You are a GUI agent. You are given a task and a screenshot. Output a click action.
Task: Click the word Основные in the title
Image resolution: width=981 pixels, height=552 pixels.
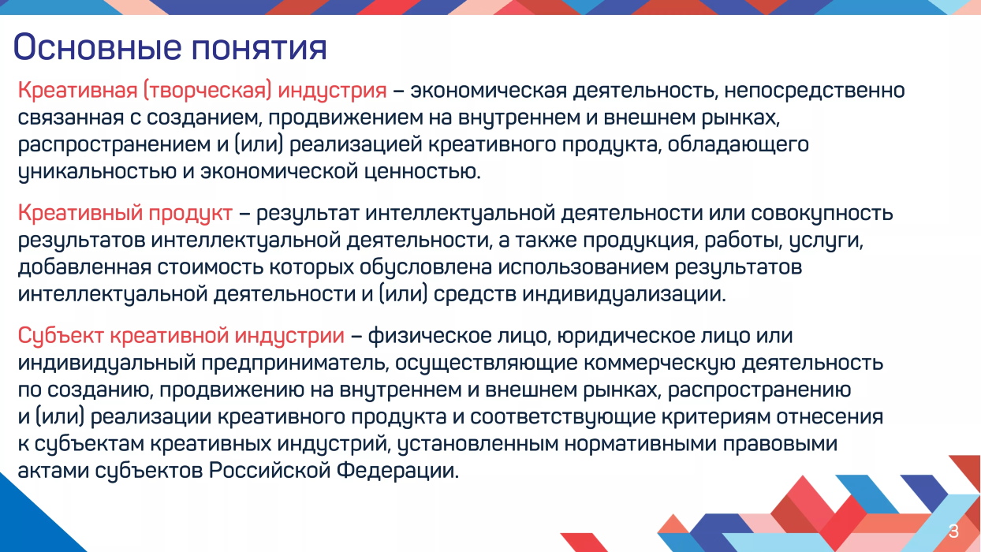(x=97, y=47)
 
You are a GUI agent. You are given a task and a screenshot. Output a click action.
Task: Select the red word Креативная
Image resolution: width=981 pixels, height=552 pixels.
(x=77, y=90)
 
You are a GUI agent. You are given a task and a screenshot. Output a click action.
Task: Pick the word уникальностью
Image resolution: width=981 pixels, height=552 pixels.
(x=97, y=172)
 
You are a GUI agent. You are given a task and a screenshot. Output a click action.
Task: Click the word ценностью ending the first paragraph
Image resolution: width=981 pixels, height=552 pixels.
(x=423, y=172)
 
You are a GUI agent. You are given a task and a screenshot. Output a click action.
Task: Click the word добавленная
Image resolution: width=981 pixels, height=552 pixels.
(x=84, y=267)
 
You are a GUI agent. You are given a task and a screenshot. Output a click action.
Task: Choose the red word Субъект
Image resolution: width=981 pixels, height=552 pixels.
(x=61, y=337)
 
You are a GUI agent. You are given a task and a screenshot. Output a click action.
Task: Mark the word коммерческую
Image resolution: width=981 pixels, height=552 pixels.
(x=659, y=364)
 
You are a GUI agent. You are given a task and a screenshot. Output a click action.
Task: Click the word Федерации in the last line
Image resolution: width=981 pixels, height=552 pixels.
(x=397, y=472)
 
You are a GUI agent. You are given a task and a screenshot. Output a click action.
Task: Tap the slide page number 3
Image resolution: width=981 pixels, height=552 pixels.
(x=953, y=531)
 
